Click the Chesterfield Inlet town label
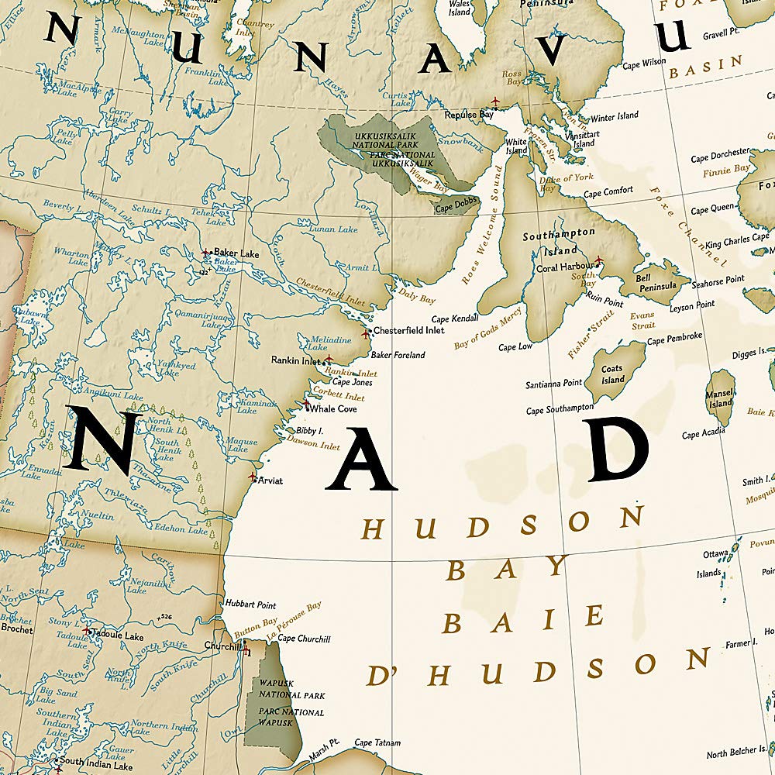tap(409, 330)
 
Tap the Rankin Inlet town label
tap(295, 360)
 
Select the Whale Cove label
tap(333, 408)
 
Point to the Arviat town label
tap(270, 480)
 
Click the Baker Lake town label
tap(236, 253)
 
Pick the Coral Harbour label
tap(565, 267)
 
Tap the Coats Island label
tap(612, 374)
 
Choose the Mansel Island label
tap(720, 398)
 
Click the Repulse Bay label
tap(469, 115)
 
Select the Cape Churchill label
tap(304, 639)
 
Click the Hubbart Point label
tap(250, 604)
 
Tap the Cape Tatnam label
tap(377, 743)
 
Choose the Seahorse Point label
tap(718, 279)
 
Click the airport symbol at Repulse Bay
tap(494, 102)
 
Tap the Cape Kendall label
tap(455, 319)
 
